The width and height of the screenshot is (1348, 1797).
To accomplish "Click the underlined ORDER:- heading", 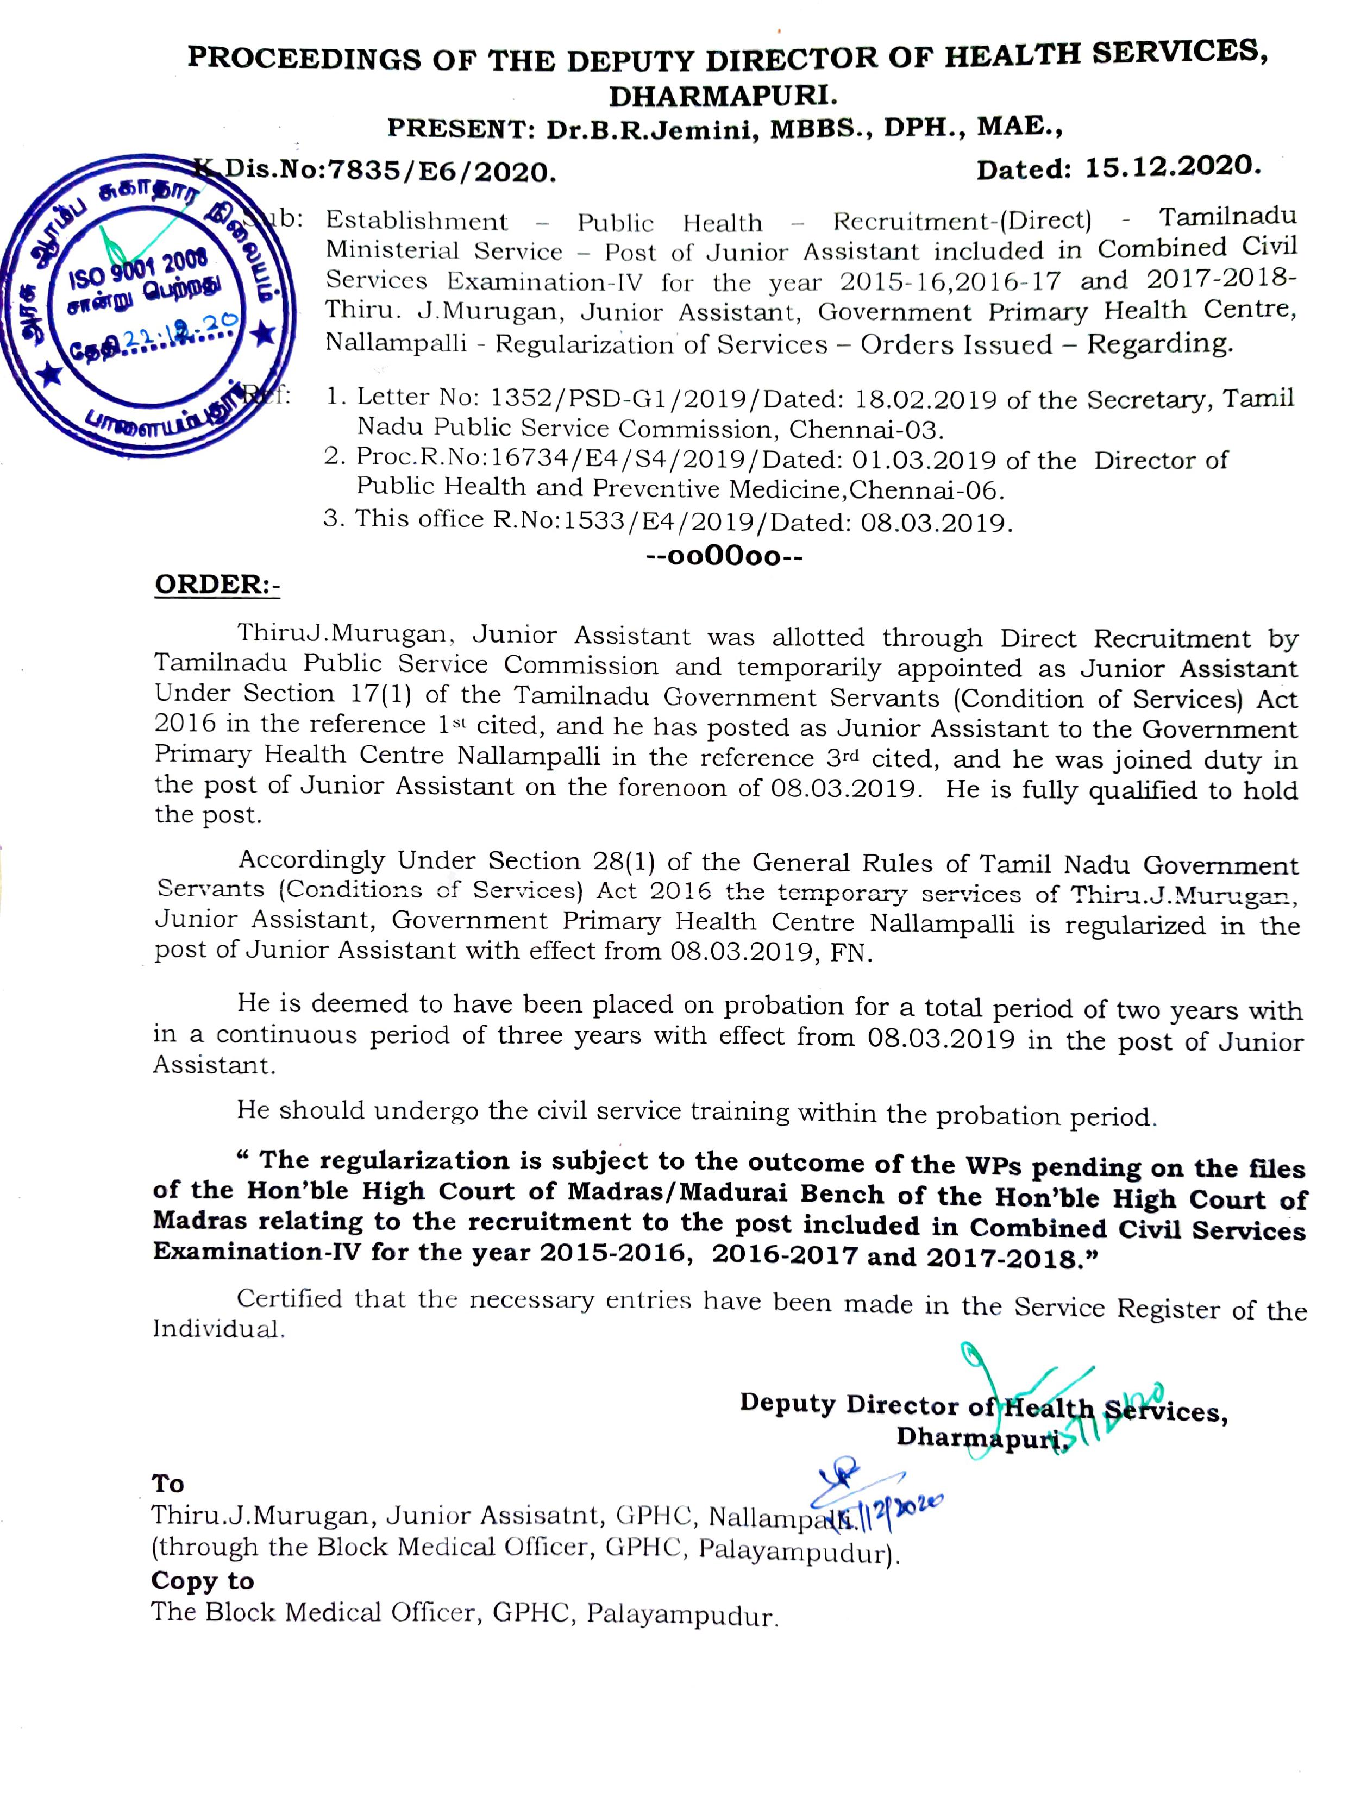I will pyautogui.click(x=217, y=585).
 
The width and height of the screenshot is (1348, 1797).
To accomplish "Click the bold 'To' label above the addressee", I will pyautogui.click(x=167, y=1484).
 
